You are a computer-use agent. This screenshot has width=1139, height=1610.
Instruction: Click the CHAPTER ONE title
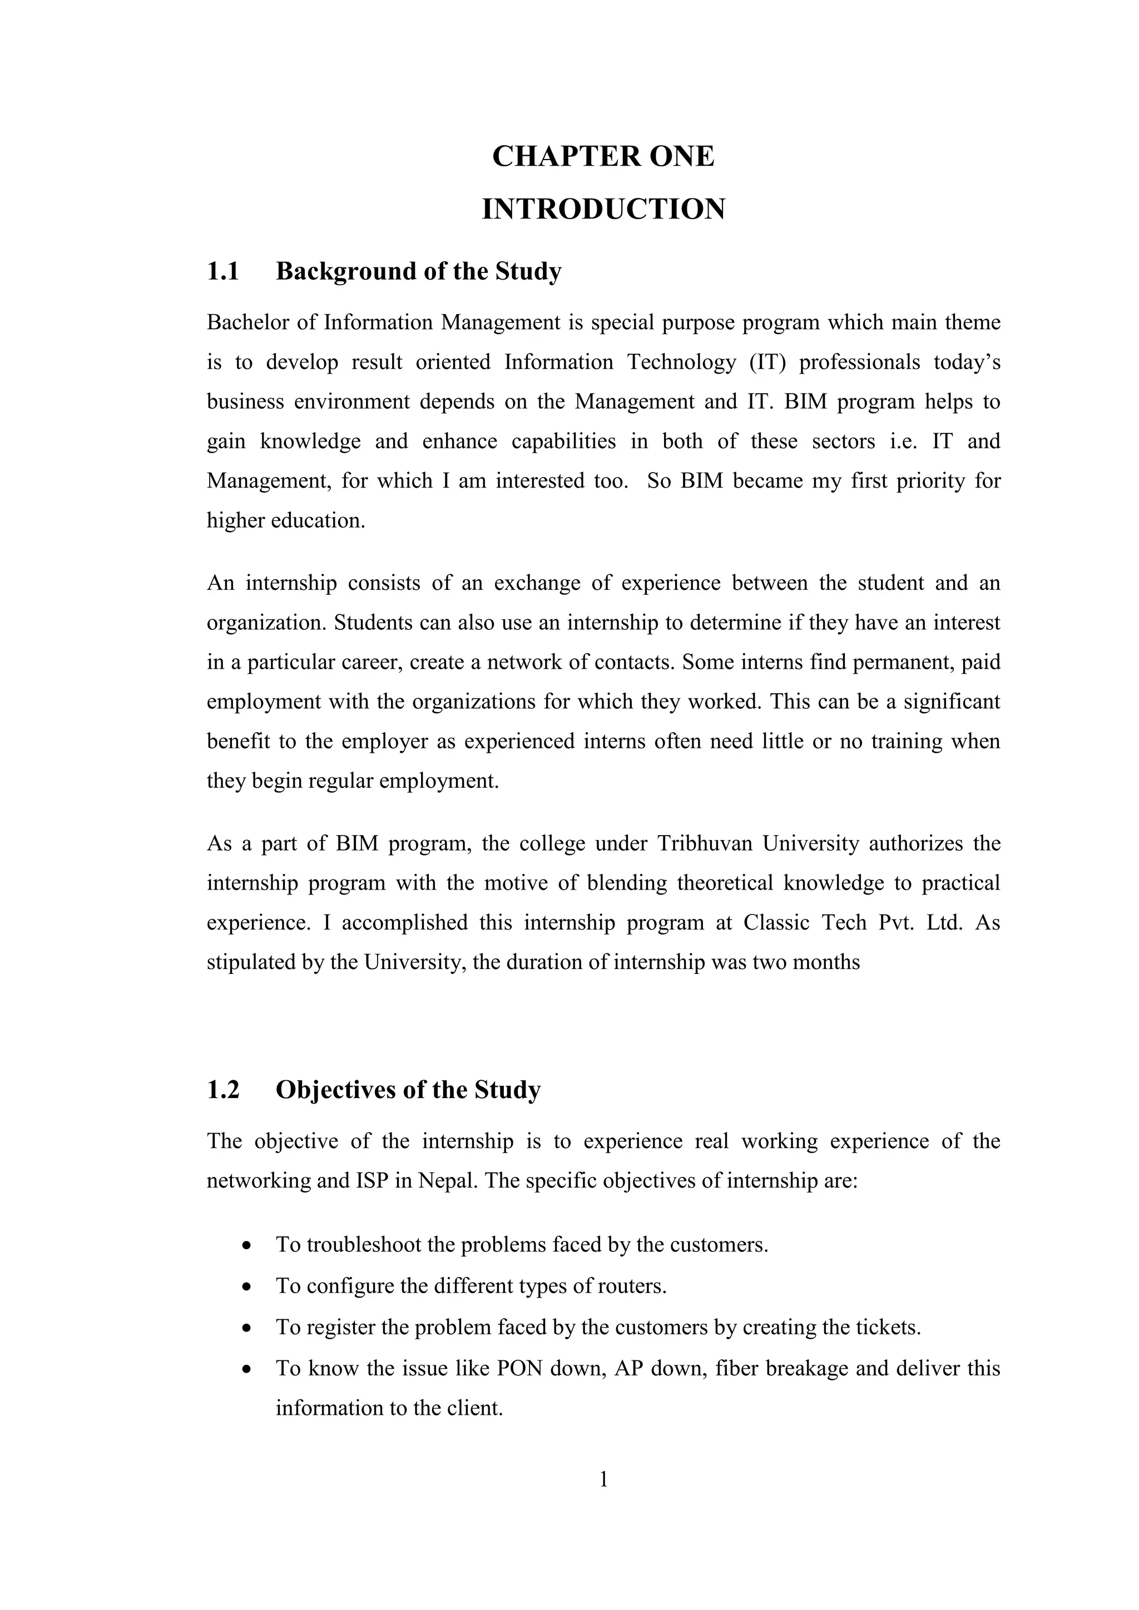point(603,156)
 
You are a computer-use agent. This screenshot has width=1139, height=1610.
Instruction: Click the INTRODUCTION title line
point(603,210)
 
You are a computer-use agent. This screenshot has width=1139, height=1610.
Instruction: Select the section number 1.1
point(223,271)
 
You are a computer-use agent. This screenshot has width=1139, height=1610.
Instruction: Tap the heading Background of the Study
point(419,271)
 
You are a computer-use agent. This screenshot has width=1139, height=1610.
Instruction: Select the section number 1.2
point(223,1090)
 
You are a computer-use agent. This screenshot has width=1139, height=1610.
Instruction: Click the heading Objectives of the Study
point(408,1090)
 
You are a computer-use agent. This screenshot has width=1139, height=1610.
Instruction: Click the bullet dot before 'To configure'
point(246,1288)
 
